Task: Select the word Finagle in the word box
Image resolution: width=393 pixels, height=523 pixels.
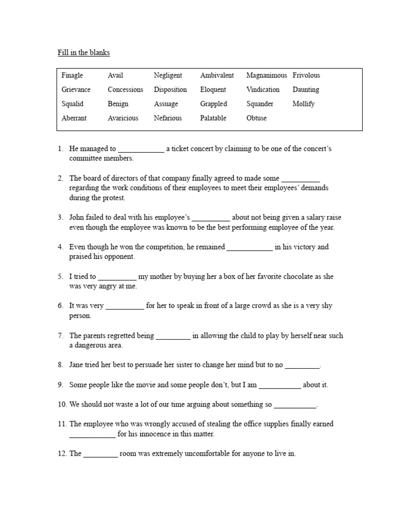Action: pos(72,75)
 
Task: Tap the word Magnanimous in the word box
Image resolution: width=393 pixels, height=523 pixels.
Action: pos(266,75)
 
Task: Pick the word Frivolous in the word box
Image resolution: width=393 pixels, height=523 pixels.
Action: pos(306,75)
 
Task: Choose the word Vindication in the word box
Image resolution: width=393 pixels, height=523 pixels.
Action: pos(263,89)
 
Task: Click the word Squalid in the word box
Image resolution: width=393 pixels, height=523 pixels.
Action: pos(72,104)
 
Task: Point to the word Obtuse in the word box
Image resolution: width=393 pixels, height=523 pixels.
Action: pos(256,118)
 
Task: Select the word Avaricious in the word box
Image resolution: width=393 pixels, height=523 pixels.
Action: pos(123,118)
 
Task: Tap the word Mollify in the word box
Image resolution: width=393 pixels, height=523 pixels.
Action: pos(303,104)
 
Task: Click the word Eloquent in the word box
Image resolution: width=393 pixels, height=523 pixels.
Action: pos(213,89)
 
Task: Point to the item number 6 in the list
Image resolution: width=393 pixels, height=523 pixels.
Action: pos(60,306)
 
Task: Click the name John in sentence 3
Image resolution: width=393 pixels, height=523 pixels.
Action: pos(77,217)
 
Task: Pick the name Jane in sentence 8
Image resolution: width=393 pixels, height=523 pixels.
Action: pos(77,365)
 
